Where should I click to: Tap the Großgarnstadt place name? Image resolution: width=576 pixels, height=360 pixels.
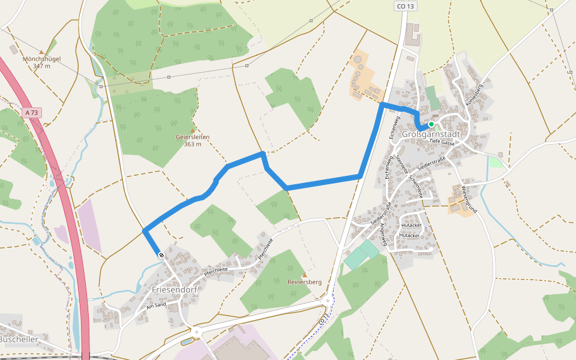pyautogui.click(x=431, y=134)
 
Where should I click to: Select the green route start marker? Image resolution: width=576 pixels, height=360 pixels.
pyautogui.click(x=431, y=124)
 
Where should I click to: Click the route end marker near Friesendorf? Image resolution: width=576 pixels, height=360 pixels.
pyautogui.click(x=161, y=256)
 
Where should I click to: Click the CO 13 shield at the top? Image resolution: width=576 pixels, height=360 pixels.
pyautogui.click(x=406, y=6)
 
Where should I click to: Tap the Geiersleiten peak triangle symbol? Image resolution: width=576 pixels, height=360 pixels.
pyautogui.click(x=193, y=130)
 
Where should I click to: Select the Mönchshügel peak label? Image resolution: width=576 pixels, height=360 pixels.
pyautogui.click(x=41, y=59)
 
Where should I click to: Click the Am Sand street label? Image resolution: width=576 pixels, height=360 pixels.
pyautogui.click(x=155, y=305)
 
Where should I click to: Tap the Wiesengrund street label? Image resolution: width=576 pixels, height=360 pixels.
pyautogui.click(x=469, y=199)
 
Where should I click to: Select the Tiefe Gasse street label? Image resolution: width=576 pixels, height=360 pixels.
pyautogui.click(x=443, y=142)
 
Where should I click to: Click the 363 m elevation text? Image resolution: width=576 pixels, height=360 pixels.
pyautogui.click(x=193, y=144)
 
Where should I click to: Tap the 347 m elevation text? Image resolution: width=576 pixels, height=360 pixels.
pyautogui.click(x=41, y=65)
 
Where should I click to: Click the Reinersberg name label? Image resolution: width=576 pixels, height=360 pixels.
pyautogui.click(x=305, y=282)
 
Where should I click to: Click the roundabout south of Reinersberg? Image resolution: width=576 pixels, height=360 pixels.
pyautogui.click(x=328, y=301)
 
